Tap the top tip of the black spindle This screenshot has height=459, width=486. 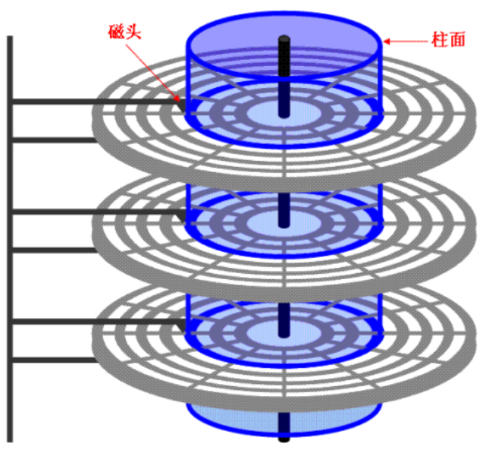pyautogui.click(x=284, y=37)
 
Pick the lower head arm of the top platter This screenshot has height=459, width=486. pyautogui.click(x=53, y=140)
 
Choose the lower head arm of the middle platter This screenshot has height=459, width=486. pyautogui.click(x=53, y=250)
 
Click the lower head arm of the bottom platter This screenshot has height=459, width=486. pyautogui.click(x=53, y=360)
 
